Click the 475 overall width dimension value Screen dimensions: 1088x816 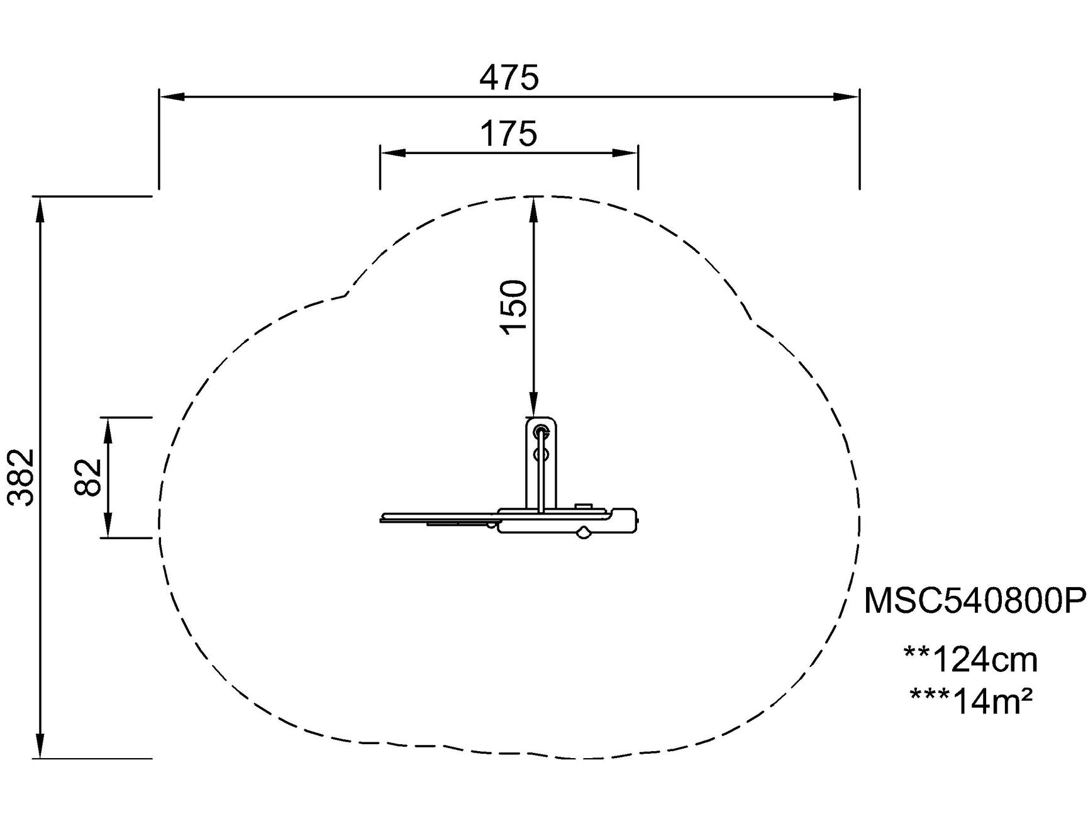509,78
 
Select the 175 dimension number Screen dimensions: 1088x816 509,133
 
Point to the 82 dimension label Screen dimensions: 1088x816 88,478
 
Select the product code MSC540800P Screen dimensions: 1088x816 975,601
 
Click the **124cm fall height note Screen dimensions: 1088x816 970,660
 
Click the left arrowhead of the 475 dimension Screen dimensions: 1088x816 172,97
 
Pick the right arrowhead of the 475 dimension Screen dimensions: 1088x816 847,97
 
